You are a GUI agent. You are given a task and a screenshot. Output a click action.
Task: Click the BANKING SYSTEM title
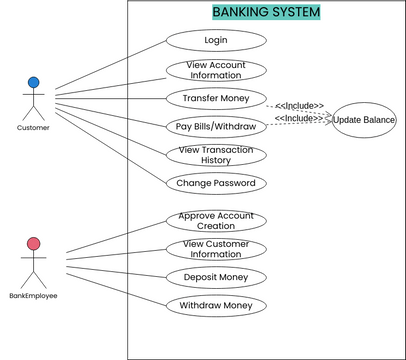click(x=266, y=12)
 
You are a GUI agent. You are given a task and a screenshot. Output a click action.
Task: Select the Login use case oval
click(x=216, y=41)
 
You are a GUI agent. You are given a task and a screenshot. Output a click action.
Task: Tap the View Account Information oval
click(x=216, y=70)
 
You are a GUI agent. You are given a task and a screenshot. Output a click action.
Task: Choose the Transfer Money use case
click(x=216, y=98)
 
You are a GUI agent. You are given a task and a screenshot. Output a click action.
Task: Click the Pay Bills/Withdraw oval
click(x=216, y=126)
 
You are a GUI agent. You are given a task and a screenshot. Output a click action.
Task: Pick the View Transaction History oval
click(x=216, y=154)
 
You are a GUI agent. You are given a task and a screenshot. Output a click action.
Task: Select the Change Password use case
click(x=216, y=183)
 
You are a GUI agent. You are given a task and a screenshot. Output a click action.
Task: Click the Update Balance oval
click(x=364, y=120)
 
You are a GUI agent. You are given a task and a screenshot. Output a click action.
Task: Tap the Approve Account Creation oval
click(x=216, y=221)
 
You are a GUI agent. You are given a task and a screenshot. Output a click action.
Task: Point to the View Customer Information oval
click(x=216, y=249)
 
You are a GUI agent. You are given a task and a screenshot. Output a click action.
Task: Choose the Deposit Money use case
click(x=216, y=277)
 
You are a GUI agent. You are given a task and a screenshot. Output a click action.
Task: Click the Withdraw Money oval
click(x=216, y=305)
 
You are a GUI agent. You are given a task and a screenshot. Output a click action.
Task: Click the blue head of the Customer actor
click(x=33, y=82)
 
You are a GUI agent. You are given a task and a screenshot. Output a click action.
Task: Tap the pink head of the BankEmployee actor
click(x=33, y=243)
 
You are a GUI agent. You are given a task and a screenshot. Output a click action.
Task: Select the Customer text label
click(x=33, y=128)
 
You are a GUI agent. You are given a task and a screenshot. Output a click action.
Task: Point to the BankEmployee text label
click(x=33, y=296)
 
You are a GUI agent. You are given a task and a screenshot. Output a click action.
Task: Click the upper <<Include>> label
click(x=299, y=105)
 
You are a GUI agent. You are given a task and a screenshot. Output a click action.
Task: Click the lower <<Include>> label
click(x=299, y=118)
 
